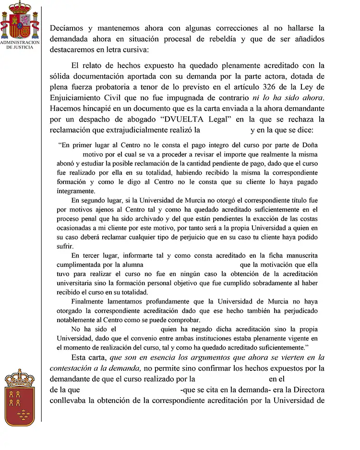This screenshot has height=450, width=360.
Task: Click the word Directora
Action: point(307,389)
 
